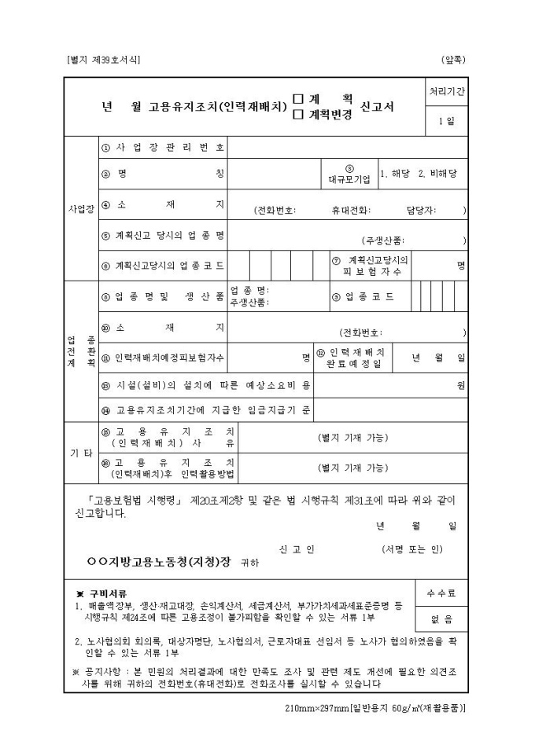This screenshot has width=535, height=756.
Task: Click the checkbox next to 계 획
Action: [x=298, y=99]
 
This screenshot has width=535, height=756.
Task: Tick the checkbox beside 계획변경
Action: [x=298, y=114]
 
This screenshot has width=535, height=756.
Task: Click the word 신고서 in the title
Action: [x=378, y=106]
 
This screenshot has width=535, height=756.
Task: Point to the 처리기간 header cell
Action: [x=446, y=91]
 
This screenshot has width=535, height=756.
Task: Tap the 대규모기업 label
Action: [x=349, y=177]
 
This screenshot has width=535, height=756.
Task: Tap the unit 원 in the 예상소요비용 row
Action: [x=461, y=385]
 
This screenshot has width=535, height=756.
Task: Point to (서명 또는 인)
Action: [x=413, y=548]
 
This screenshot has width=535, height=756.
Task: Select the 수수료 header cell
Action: [x=441, y=594]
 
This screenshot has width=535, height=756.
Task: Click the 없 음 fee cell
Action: [x=441, y=618]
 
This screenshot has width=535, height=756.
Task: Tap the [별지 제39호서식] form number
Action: [x=105, y=60]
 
